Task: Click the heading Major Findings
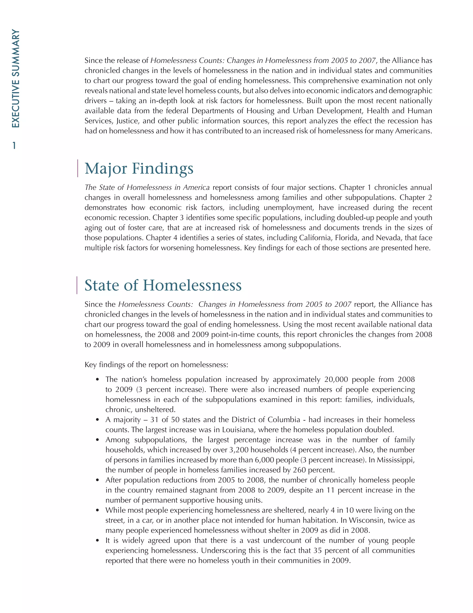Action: [139, 168]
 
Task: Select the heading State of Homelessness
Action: [163, 285]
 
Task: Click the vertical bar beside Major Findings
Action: [78, 168]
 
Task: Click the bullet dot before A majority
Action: [97, 420]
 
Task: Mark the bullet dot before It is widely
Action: [97, 541]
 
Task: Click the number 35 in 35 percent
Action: [318, 551]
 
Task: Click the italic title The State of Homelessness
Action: [147, 188]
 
